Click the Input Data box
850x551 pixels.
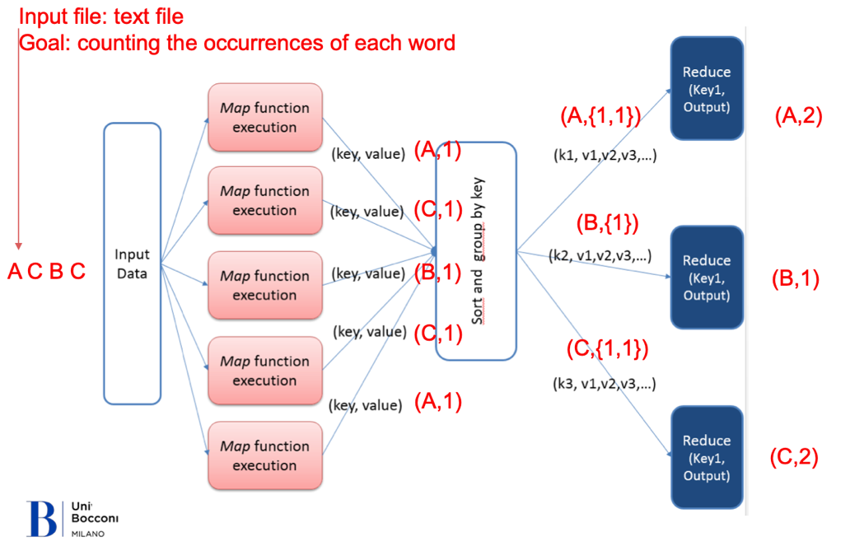pyautogui.click(x=133, y=264)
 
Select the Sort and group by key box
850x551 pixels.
pyautogui.click(x=476, y=251)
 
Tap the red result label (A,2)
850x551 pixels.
pyautogui.click(x=798, y=115)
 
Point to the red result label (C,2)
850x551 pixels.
pyautogui.click(x=794, y=456)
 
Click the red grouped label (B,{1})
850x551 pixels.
pyautogui.click(x=607, y=223)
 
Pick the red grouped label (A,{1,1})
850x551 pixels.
pyautogui.click(x=600, y=115)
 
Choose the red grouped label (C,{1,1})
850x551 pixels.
pyautogui.click(x=607, y=348)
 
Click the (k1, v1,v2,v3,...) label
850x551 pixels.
pyautogui.click(x=605, y=156)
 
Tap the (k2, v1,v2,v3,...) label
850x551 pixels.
pyautogui.click(x=600, y=255)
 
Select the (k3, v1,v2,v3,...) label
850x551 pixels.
pyautogui.click(x=604, y=384)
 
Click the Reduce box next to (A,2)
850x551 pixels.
pyautogui.click(x=707, y=88)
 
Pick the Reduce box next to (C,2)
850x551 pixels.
pyautogui.click(x=707, y=457)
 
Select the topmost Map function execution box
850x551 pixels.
pyautogui.click(x=265, y=117)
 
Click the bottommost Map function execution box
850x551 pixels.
pyautogui.click(x=265, y=455)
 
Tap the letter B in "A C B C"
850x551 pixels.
pyautogui.click(x=56, y=271)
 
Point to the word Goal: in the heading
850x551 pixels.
pyautogui.click(x=44, y=43)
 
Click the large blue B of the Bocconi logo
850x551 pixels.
pyautogui.click(x=42, y=519)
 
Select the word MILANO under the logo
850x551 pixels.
pyautogui.click(x=88, y=535)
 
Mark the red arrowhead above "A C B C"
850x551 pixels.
pyautogui.click(x=18, y=246)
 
